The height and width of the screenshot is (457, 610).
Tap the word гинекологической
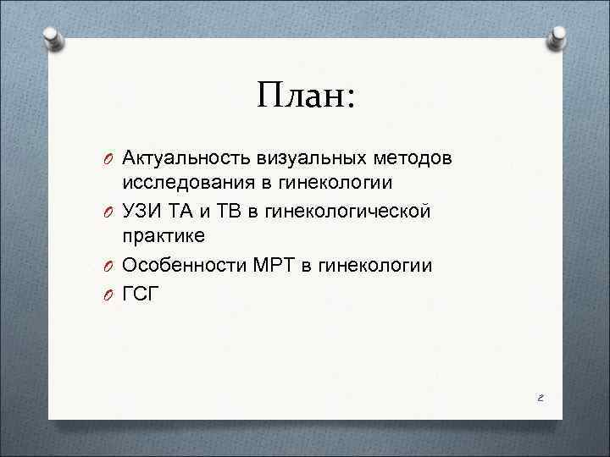[348, 210]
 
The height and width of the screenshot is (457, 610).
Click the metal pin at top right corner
[558, 37]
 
